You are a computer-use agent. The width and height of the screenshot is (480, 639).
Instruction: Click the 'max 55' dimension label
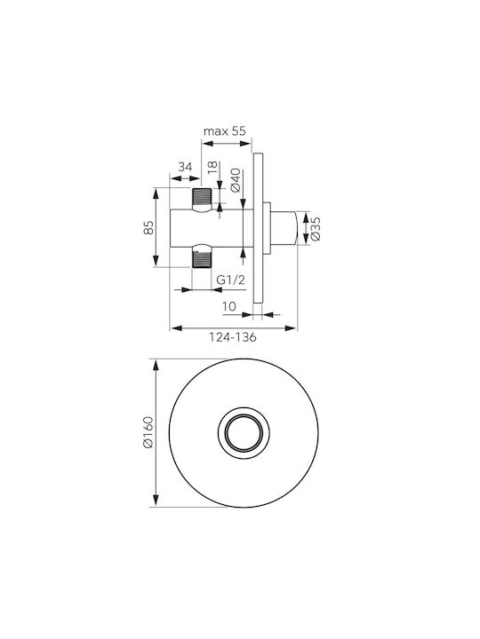225,131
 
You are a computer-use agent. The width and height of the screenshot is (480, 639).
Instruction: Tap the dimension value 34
185,167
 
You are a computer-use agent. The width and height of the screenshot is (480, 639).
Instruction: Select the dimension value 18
212,168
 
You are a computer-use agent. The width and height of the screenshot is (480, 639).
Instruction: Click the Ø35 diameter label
315,229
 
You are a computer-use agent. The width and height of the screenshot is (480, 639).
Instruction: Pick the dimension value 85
149,227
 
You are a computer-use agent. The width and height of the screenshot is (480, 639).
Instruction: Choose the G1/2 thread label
230,280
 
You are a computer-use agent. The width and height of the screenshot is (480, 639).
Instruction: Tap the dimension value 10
229,306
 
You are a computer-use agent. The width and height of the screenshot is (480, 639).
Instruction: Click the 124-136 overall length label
233,337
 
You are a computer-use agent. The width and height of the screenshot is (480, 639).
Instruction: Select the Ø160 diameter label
148,432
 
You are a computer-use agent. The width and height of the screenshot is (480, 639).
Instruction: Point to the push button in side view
284,228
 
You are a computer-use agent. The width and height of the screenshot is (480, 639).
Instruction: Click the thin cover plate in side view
258,228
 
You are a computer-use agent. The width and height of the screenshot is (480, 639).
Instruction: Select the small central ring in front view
244,432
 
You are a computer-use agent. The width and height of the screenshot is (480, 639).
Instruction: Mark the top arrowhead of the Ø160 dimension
155,365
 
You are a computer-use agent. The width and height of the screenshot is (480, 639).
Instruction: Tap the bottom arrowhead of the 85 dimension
155,261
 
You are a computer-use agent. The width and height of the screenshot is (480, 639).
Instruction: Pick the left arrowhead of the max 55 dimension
208,144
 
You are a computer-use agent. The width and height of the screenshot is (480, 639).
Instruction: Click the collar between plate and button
267,228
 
